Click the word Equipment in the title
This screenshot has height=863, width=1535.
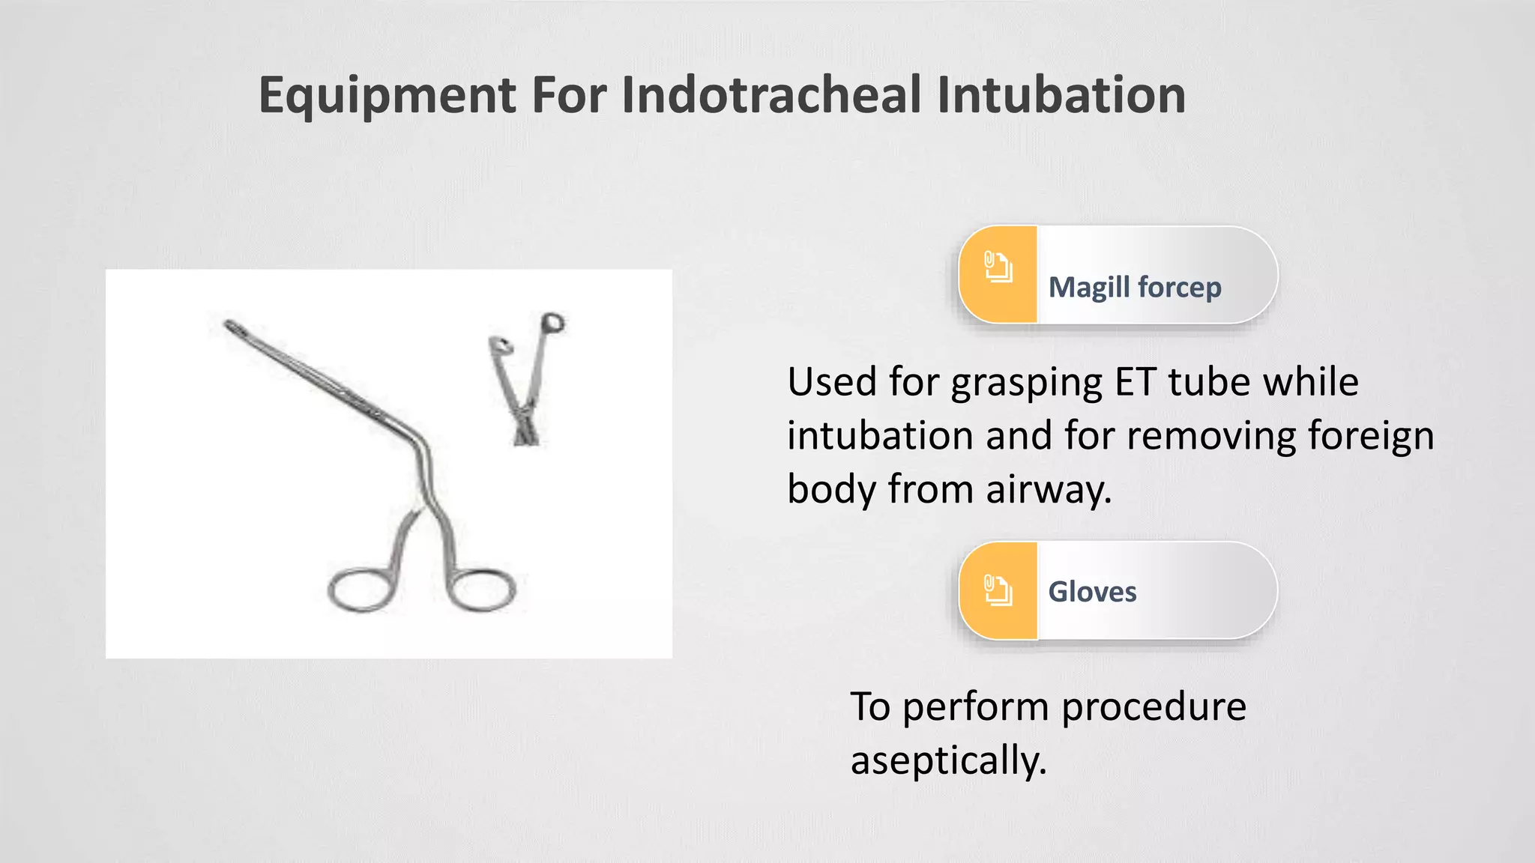pyautogui.click(x=387, y=96)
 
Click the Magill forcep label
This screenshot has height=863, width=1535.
pyautogui.click(x=1134, y=287)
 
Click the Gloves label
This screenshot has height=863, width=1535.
pyautogui.click(x=1092, y=592)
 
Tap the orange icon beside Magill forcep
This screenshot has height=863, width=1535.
pyautogui.click(x=998, y=267)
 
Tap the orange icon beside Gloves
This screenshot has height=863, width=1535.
pyautogui.click(x=998, y=590)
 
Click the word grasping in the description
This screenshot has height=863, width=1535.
pyautogui.click(x=1027, y=384)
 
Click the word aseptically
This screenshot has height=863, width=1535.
pyautogui.click(x=948, y=761)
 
